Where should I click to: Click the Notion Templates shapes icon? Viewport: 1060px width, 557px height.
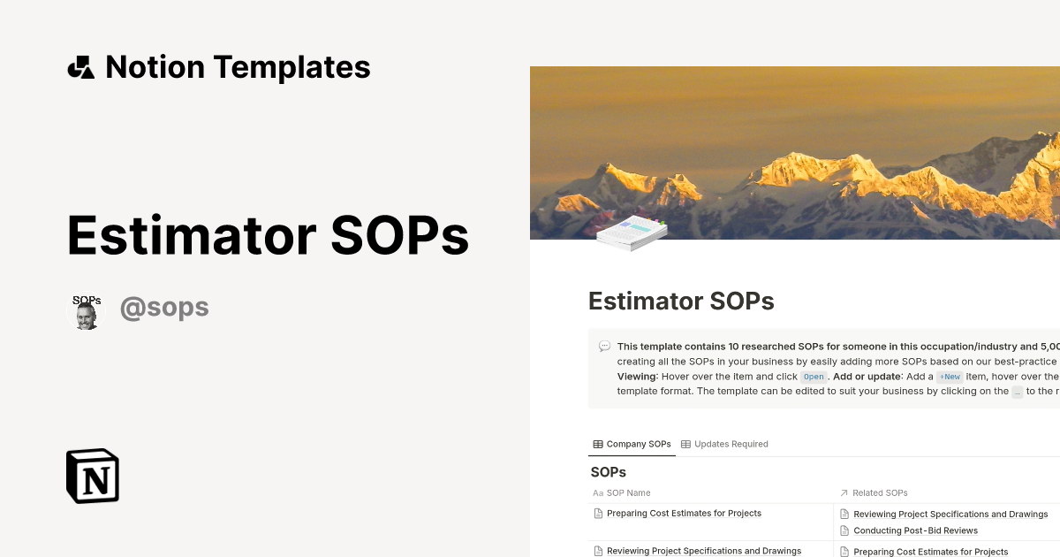[80, 67]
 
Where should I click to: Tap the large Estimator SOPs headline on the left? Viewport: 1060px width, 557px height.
[268, 235]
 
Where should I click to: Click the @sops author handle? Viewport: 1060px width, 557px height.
[164, 308]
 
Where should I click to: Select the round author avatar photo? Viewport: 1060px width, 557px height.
[86, 313]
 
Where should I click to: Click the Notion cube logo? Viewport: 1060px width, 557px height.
[93, 476]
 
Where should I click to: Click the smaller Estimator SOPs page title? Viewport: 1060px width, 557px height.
[681, 301]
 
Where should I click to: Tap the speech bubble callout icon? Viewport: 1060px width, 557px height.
[604, 346]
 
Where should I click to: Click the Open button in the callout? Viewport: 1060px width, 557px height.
[814, 377]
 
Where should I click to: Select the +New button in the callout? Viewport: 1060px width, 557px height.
[950, 377]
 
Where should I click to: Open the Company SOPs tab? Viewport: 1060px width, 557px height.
[632, 444]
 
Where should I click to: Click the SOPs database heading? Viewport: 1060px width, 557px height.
[608, 472]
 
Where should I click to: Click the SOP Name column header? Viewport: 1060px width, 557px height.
[628, 492]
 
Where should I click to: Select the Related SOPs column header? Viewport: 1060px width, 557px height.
[880, 492]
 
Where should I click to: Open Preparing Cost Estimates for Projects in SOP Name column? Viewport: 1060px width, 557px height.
[684, 513]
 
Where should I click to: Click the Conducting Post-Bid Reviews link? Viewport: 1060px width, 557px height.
[915, 530]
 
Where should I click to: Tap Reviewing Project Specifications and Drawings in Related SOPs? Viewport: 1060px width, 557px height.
[950, 514]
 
